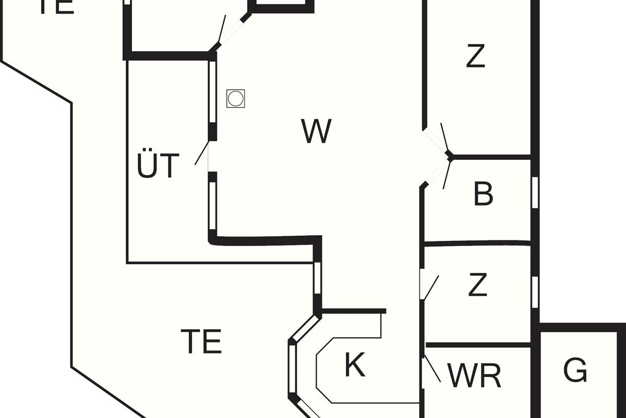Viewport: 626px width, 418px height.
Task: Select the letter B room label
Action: click(x=483, y=194)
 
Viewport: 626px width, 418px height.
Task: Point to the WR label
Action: click(x=474, y=375)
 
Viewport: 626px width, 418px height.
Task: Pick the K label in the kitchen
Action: click(x=355, y=365)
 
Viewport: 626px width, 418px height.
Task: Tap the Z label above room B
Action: click(x=475, y=56)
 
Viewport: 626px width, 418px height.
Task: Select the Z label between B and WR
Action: click(x=477, y=285)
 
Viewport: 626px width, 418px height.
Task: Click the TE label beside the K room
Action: click(x=201, y=341)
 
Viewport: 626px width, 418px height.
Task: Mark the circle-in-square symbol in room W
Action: click(x=236, y=98)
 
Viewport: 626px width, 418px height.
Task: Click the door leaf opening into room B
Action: click(x=446, y=173)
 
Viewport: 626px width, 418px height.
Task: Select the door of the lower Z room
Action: click(x=430, y=287)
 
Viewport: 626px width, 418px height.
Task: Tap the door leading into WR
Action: click(x=432, y=368)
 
